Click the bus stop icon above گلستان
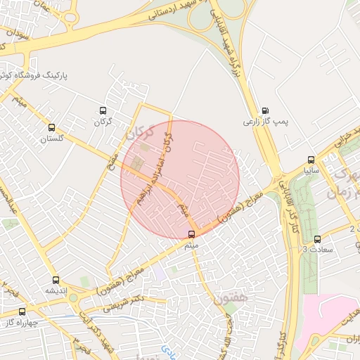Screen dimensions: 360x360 click(x=51, y=128)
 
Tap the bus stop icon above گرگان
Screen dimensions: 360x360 click(x=103, y=110)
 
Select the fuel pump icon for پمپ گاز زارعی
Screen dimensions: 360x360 click(x=264, y=110)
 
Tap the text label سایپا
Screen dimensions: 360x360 click(x=311, y=171)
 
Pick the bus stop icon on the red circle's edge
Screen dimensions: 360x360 click(x=192, y=235)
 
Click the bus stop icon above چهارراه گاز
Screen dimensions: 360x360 click(x=22, y=311)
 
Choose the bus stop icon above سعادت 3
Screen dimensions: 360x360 click(x=317, y=238)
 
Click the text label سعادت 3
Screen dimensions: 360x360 click(x=314, y=250)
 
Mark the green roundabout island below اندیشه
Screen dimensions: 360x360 click(x=73, y=298)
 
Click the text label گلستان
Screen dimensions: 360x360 click(x=51, y=139)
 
